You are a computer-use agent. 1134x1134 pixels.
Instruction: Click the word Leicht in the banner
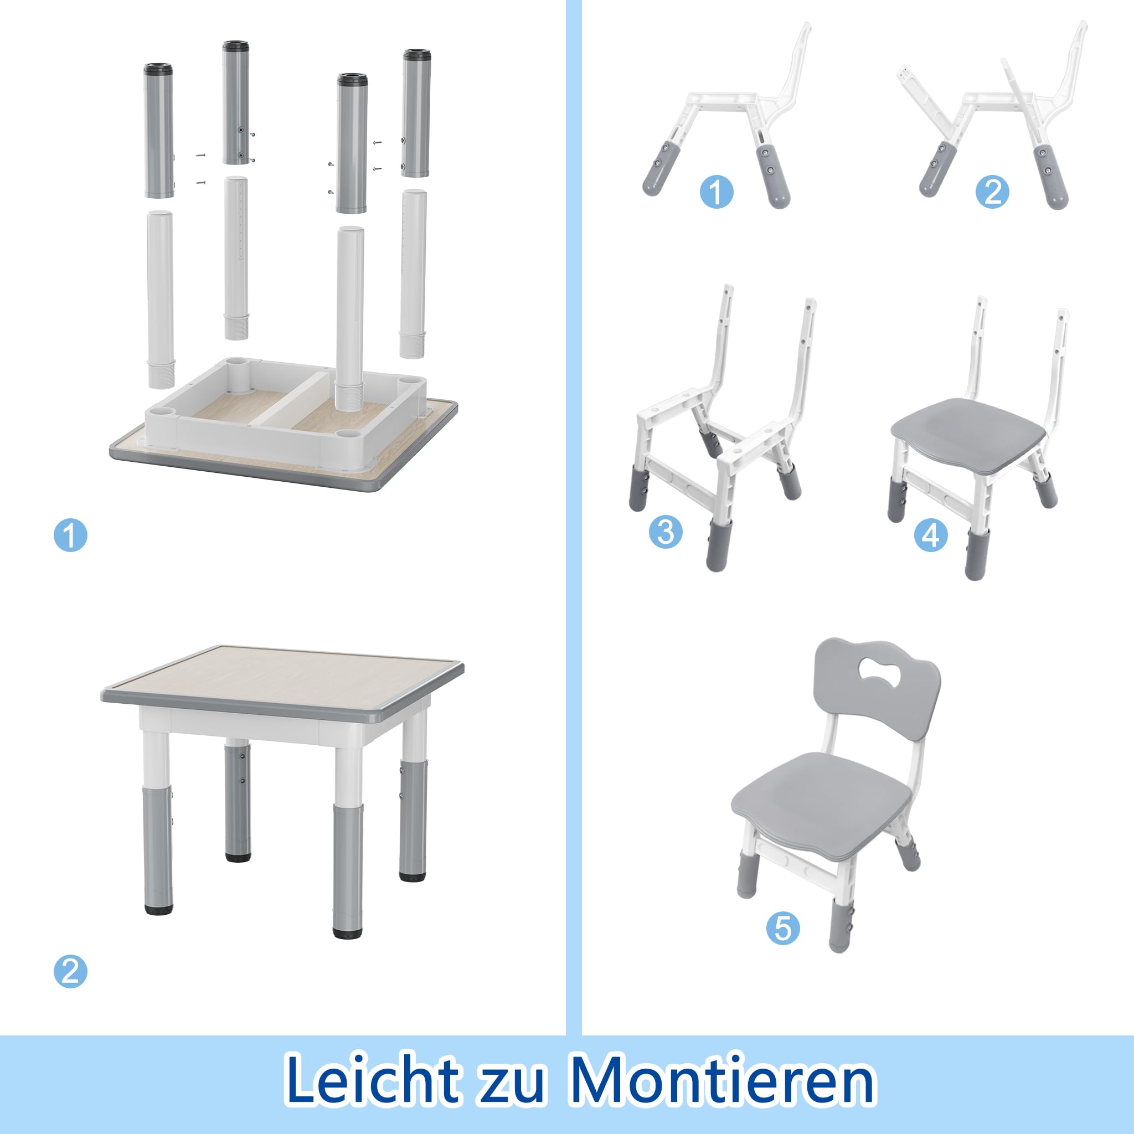tap(372, 1079)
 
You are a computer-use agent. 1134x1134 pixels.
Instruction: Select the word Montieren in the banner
tap(723, 1079)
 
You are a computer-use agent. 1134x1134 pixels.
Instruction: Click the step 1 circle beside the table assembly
tap(70, 535)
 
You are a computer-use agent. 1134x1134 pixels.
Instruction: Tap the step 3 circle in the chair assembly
tap(666, 532)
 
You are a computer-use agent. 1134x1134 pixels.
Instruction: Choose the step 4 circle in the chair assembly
tap(931, 535)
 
